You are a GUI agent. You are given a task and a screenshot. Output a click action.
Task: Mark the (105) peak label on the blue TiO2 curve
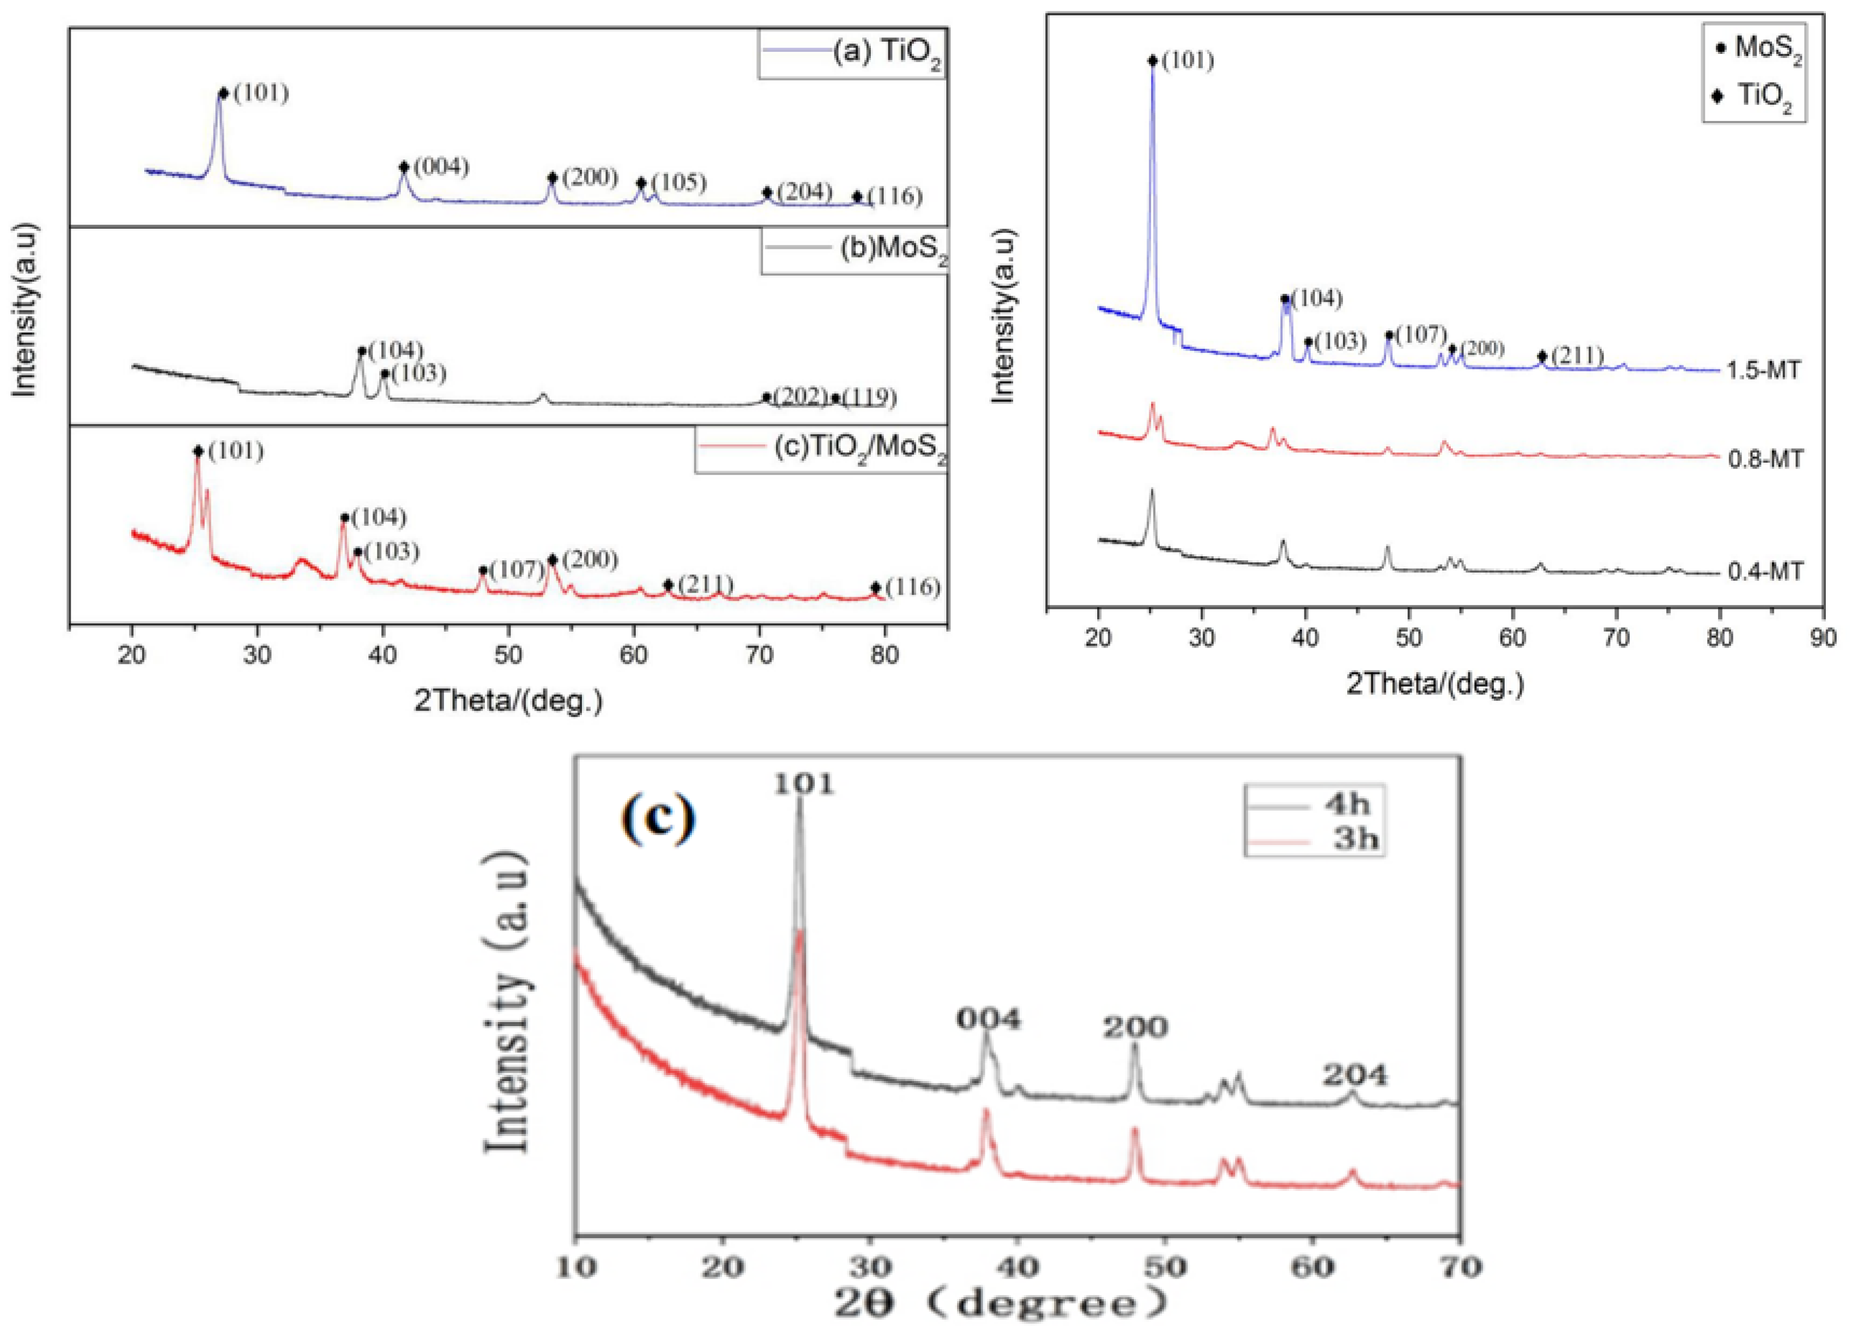coord(678,182)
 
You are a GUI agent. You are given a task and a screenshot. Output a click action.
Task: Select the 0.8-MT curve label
coord(1764,459)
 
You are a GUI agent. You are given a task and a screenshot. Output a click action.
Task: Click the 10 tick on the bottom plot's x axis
coord(577,1266)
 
